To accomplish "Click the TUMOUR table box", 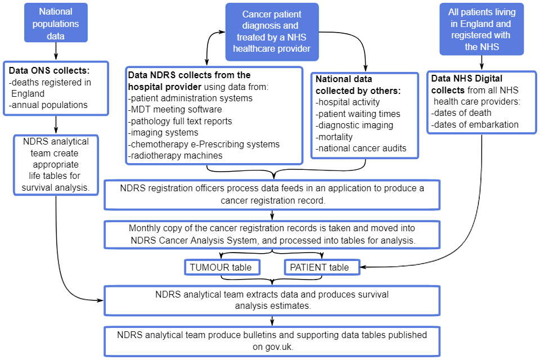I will click(x=222, y=267).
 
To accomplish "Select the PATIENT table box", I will click(x=321, y=267).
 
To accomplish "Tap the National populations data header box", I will click(x=56, y=24).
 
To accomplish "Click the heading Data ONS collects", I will click(x=49, y=71).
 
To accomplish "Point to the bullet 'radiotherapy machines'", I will click(x=176, y=155).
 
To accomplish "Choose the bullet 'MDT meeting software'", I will click(x=175, y=109).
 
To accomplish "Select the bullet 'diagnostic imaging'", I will click(x=354, y=125).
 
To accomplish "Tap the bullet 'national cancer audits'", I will click(x=361, y=148).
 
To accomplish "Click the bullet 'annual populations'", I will click(x=48, y=105).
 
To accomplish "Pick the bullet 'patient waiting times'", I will click(x=358, y=114).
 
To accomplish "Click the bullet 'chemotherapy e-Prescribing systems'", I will click(x=204, y=144).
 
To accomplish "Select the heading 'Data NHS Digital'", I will click(x=466, y=79).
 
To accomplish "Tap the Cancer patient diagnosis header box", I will click(x=272, y=31).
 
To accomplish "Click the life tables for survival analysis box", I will click(x=56, y=164).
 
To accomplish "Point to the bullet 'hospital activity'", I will click(x=348, y=102).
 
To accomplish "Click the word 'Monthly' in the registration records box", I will click(x=145, y=228).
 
